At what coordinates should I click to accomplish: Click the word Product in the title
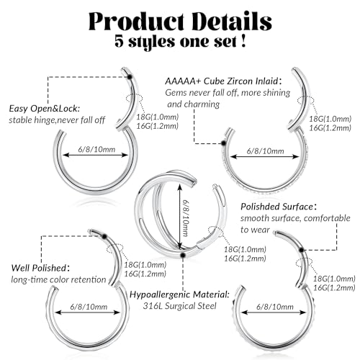pos(137,21)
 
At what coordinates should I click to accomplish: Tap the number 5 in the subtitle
pos(119,41)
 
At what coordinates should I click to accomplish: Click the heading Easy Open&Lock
pos(45,109)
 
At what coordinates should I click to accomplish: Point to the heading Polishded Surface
pos(277,207)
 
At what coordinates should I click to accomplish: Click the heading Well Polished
pos(39,268)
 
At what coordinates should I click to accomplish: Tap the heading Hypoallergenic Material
pos(179,294)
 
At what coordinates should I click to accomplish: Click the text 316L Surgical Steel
pos(179,306)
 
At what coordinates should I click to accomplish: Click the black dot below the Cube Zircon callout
pos(223,143)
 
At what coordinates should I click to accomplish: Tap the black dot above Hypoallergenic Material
pos(183,256)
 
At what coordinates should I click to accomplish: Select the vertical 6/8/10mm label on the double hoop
pos(185,218)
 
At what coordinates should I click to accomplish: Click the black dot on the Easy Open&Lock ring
pos(130,77)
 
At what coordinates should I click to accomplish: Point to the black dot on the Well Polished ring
pos(104,236)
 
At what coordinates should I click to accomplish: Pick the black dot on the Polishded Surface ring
pos(302,251)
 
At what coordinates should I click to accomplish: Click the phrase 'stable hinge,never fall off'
pos(57,120)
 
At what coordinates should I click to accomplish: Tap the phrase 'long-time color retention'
pos(58,279)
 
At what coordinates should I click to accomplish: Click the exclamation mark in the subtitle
pos(243,41)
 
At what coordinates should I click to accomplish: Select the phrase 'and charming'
pos(194,104)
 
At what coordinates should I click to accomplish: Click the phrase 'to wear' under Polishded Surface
pos(255,230)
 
